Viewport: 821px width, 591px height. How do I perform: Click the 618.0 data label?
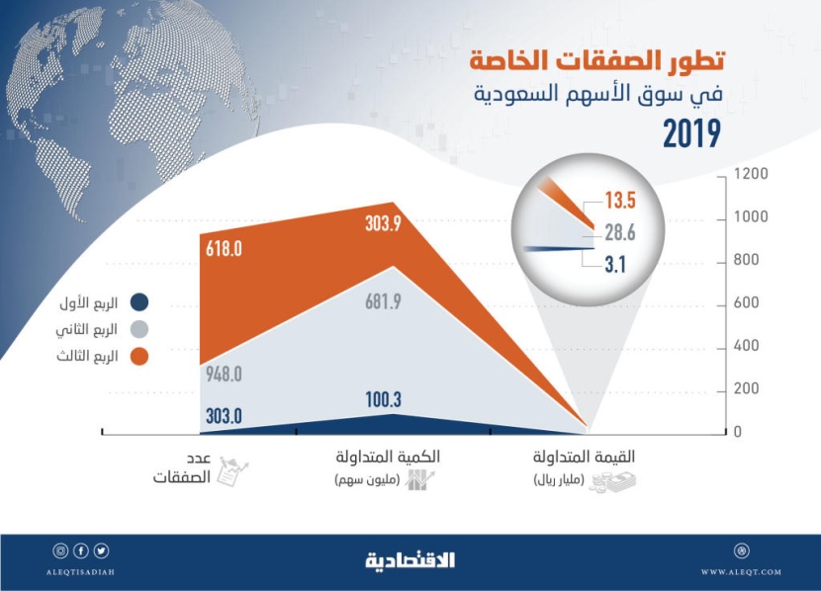224,250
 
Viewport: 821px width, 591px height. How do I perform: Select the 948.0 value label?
224,374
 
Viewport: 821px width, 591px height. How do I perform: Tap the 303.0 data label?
224,415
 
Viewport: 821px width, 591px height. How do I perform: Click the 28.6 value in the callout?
620,232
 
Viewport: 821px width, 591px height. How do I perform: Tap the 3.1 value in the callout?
616,263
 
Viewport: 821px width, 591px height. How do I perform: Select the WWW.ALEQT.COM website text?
741,572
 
